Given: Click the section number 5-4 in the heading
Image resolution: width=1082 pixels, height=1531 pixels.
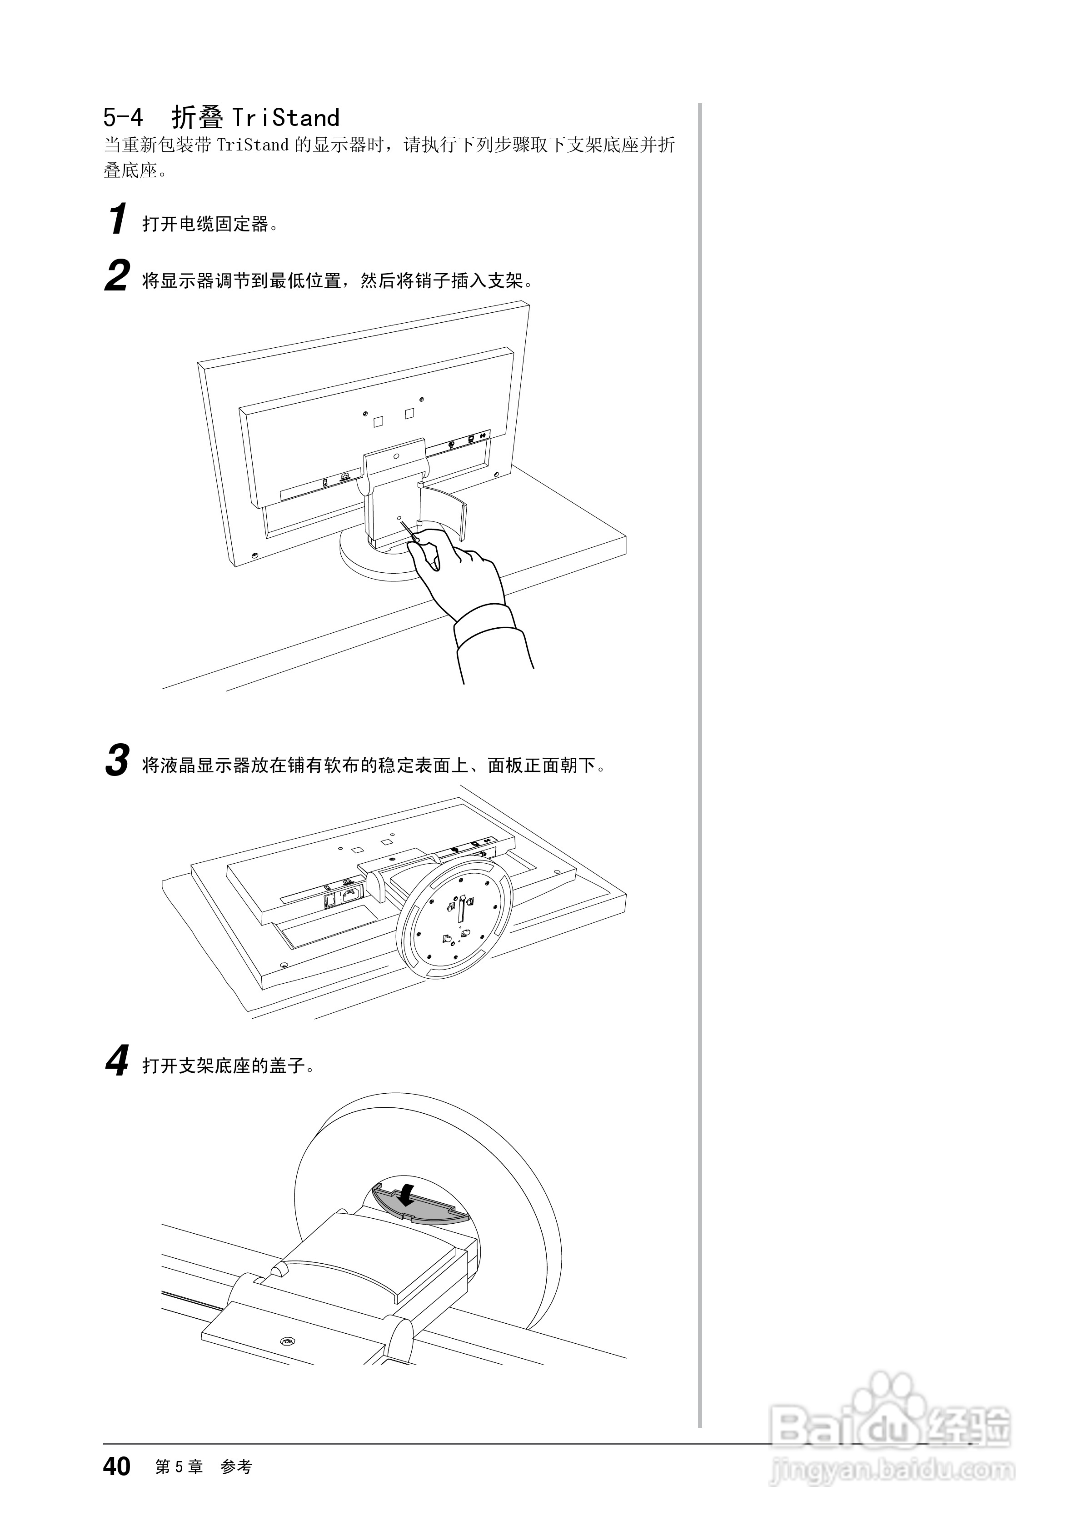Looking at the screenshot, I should tap(123, 118).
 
